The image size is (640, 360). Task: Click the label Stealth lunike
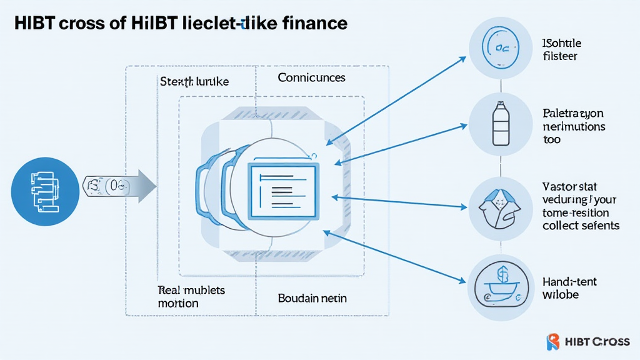(194, 82)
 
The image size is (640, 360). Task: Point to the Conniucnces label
(311, 77)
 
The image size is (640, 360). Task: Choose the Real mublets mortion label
(191, 296)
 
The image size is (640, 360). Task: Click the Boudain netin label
(312, 298)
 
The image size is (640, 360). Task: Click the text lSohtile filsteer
(561, 49)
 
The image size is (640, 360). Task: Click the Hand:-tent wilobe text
(569, 287)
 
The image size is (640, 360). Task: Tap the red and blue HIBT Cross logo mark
(553, 341)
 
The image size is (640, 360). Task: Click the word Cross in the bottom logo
(611, 341)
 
